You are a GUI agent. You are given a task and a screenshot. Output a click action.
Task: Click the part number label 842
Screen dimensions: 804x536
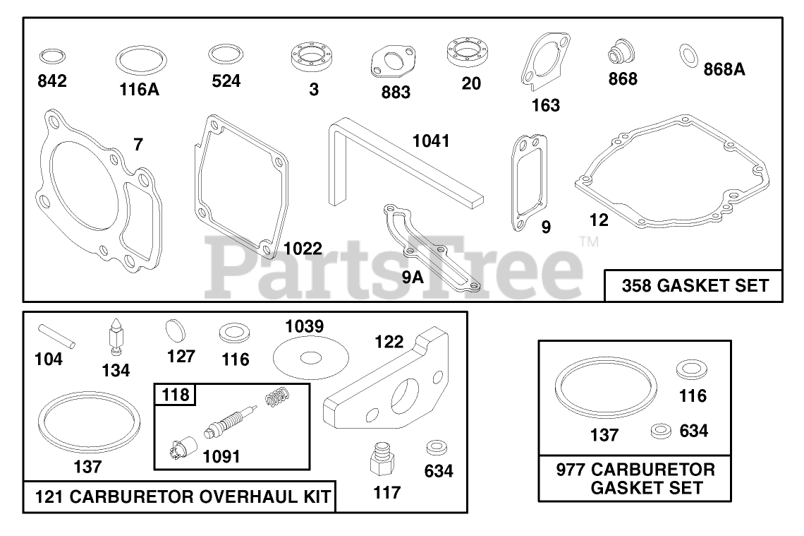[x=52, y=81]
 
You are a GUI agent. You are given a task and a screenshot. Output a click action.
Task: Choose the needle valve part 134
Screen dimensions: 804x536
[x=114, y=334]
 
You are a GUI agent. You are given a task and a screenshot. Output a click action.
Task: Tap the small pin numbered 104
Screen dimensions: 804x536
[x=59, y=335]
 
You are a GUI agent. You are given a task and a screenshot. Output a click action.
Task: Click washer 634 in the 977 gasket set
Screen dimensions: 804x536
[x=661, y=430]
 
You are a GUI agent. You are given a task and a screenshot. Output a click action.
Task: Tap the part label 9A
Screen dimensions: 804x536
[x=413, y=276]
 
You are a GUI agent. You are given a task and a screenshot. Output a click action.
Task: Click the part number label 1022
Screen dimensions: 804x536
[x=303, y=248]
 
